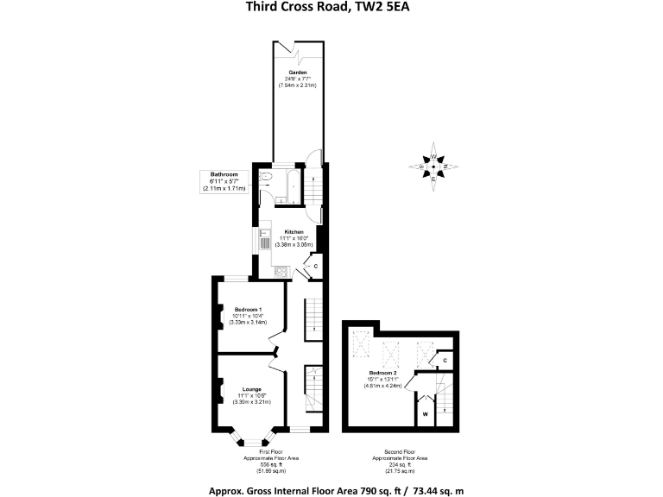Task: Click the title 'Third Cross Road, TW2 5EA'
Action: point(331,9)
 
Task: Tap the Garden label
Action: point(298,72)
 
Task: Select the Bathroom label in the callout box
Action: point(224,175)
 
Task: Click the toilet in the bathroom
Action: point(267,179)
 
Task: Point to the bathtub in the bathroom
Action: point(290,180)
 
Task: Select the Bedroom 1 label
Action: point(249,309)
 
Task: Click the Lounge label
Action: point(251,389)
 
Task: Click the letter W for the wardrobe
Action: point(425,415)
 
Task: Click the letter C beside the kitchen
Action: point(315,266)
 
